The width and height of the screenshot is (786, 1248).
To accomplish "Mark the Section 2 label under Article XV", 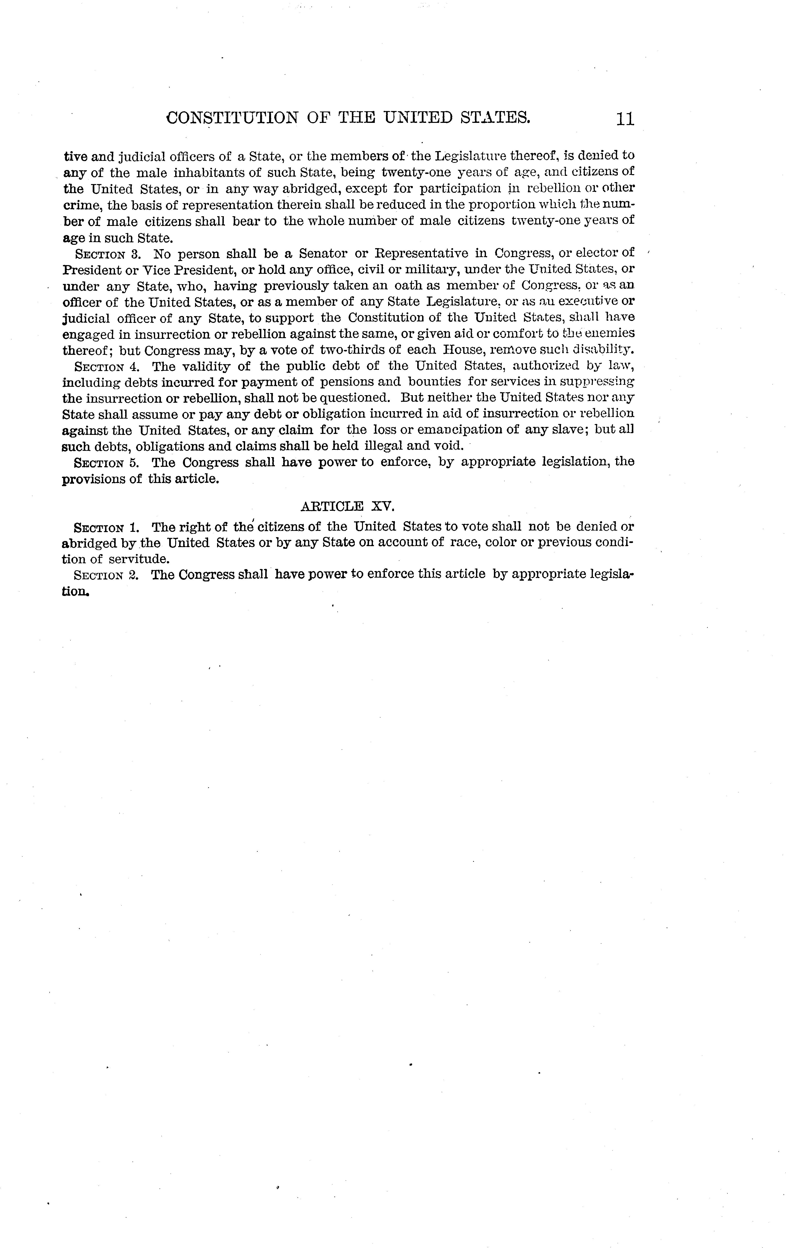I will tap(106, 575).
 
